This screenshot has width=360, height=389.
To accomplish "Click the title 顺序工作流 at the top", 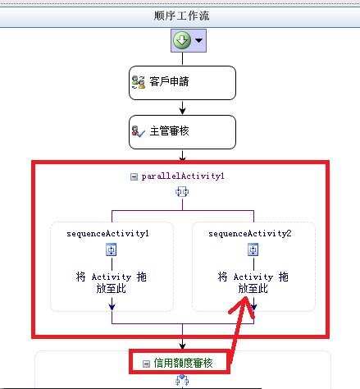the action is pyautogui.click(x=181, y=16).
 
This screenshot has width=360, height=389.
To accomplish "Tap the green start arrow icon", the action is pyautogui.click(x=182, y=40).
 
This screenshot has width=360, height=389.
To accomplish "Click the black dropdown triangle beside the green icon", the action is pyautogui.click(x=198, y=40).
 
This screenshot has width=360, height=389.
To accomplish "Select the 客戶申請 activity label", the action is pyautogui.click(x=169, y=81).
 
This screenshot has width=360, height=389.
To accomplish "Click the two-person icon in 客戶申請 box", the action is pyautogui.click(x=139, y=82).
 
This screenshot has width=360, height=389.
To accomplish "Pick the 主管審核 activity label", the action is pyautogui.click(x=169, y=131).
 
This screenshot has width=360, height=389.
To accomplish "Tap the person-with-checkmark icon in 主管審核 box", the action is pyautogui.click(x=139, y=131).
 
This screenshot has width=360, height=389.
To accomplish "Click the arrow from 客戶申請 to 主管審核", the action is pyautogui.click(x=182, y=108).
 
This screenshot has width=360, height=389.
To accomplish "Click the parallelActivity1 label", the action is pyautogui.click(x=183, y=176).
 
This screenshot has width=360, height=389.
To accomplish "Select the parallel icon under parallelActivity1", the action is pyautogui.click(x=182, y=191).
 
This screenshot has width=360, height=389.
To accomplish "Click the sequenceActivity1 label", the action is pyautogui.click(x=107, y=234).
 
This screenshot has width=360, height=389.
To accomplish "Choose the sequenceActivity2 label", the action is pyautogui.click(x=250, y=234).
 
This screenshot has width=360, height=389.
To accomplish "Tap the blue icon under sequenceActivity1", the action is pyautogui.click(x=112, y=249).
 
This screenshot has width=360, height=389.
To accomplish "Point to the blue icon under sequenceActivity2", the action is pyautogui.click(x=253, y=249).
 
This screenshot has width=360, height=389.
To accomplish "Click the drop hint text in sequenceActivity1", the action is pyautogui.click(x=112, y=282).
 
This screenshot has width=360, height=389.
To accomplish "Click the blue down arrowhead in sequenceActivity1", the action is pyautogui.click(x=112, y=307).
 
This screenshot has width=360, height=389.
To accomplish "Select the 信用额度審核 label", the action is pyautogui.click(x=183, y=364).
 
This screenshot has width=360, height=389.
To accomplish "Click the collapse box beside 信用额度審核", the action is pyautogui.click(x=147, y=364).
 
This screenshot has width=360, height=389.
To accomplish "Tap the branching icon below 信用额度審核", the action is pyautogui.click(x=182, y=380).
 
